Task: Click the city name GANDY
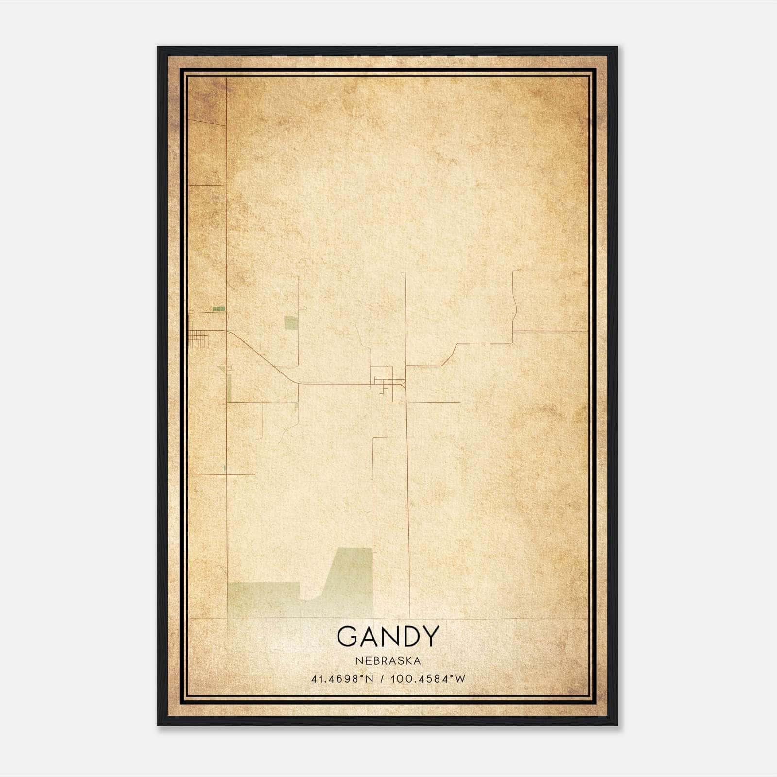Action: [388, 637]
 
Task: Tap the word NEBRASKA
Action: [388, 661]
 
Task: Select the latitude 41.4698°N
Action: [342, 678]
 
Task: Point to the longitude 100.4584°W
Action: [428, 678]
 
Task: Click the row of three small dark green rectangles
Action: [219, 308]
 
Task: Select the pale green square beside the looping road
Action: [290, 323]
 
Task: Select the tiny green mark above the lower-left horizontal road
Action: [225, 468]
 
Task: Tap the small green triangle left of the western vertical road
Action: [221, 369]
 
